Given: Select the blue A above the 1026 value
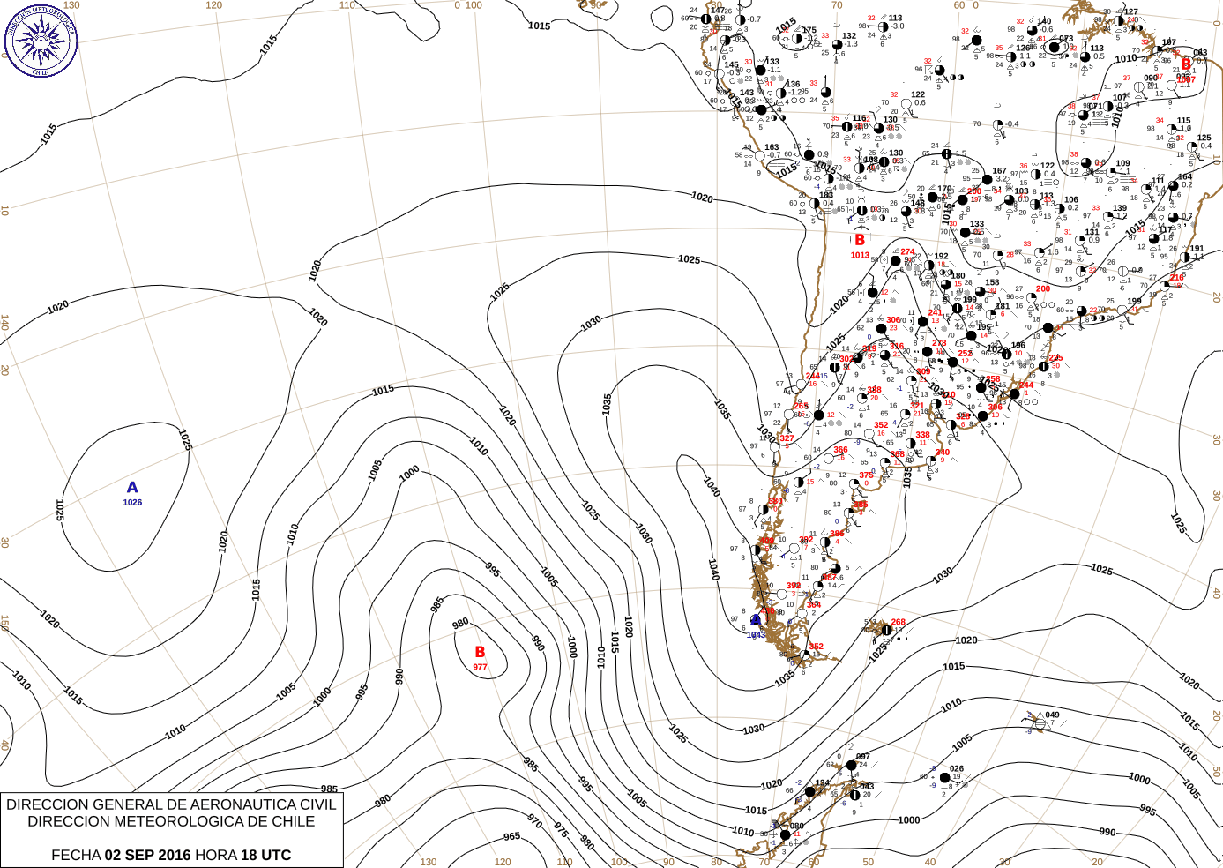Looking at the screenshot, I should (x=132, y=488).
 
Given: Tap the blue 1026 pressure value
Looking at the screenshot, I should (x=132, y=503).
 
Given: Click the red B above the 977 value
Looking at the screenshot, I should (x=480, y=653).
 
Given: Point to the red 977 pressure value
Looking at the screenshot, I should (x=480, y=667).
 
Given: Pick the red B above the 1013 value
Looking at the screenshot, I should (x=860, y=239).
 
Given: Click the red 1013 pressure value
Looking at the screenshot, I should (x=860, y=256).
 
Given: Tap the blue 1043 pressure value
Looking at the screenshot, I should (x=756, y=635).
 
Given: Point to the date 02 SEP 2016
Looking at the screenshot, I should (x=147, y=855).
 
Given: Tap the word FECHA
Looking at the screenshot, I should (x=76, y=855).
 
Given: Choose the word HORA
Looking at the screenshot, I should (x=216, y=855).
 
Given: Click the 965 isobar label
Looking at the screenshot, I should (x=511, y=836).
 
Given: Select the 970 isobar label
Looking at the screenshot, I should (x=534, y=821).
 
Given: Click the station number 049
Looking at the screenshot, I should (x=1052, y=715).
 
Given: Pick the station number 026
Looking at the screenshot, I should (x=957, y=769).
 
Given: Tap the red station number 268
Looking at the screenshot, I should (x=899, y=622).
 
